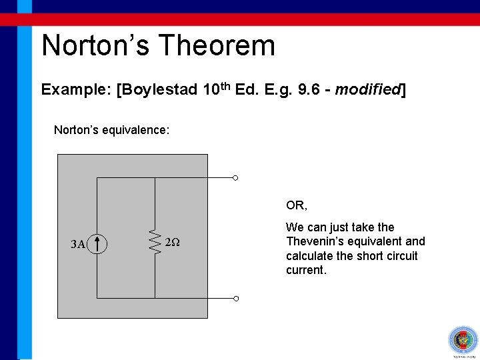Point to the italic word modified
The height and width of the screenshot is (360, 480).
[x=366, y=90]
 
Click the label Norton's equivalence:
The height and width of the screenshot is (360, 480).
[x=111, y=129]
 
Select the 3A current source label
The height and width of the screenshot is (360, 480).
[x=78, y=244]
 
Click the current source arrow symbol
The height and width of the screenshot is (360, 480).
[x=97, y=243]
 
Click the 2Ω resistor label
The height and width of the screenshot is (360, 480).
[x=172, y=243]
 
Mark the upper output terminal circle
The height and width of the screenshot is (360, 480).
[x=235, y=178]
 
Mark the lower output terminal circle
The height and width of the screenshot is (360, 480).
[x=235, y=298]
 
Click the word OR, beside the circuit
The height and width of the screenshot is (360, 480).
[x=297, y=205]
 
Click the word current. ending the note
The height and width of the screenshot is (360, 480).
[x=306, y=271]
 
